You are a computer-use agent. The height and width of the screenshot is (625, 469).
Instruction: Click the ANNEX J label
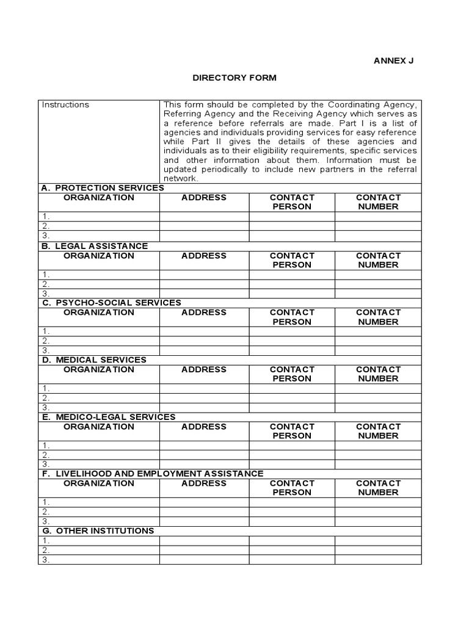(397, 62)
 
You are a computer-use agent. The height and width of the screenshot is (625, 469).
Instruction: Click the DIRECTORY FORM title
(234, 78)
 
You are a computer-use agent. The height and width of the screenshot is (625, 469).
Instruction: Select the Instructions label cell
(65, 105)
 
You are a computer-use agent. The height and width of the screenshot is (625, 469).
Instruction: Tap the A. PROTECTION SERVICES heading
(103, 188)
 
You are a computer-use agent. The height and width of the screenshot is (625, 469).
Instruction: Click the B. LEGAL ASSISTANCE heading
(95, 246)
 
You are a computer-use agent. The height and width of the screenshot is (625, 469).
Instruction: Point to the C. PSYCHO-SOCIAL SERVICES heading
(111, 303)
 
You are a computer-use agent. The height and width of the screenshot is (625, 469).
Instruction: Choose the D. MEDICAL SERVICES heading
(94, 360)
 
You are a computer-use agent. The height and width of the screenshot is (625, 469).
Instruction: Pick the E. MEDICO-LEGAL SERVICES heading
(108, 417)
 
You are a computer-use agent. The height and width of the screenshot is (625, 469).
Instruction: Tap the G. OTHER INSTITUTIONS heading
(98, 531)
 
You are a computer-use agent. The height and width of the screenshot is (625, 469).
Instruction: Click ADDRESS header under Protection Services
(204, 198)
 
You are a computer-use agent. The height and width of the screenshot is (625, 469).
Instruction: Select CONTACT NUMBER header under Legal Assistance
(378, 260)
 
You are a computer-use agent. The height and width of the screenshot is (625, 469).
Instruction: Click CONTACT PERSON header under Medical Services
(292, 374)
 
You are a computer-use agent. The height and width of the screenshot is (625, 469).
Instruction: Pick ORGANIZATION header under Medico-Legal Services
(99, 427)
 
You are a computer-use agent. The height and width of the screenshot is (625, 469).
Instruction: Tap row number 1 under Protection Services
(46, 217)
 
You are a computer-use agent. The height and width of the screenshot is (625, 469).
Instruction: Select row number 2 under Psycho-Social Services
(46, 341)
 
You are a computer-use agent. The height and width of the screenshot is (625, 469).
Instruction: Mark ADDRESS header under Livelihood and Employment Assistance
(204, 483)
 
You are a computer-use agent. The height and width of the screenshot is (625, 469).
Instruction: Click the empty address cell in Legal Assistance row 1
(204, 275)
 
